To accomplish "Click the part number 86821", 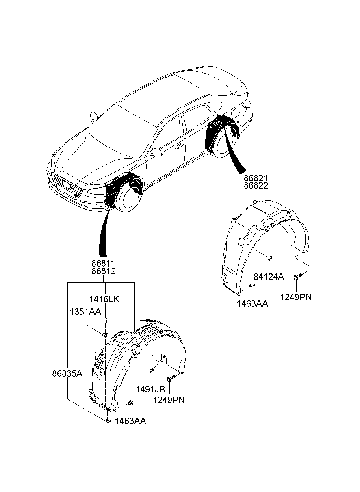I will coord(256,178).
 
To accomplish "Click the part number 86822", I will coord(256,186).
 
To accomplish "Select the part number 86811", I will coord(103,264).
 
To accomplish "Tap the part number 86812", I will coord(103,271).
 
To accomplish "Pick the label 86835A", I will coord(67,373).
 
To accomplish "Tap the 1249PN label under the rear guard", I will coord(296,297).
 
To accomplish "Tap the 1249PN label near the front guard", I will coord(169,400).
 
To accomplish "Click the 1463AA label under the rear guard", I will coord(253,303).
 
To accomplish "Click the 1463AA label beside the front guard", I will coord(130,421).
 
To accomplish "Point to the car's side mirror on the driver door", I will coord(156,152).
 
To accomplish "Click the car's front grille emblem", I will coord(65,184).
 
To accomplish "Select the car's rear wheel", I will coord(226,143).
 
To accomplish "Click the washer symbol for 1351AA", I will coord(105,334).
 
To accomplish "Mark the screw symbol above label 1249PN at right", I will coord(295,276).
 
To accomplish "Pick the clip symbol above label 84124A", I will coord(269,257).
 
